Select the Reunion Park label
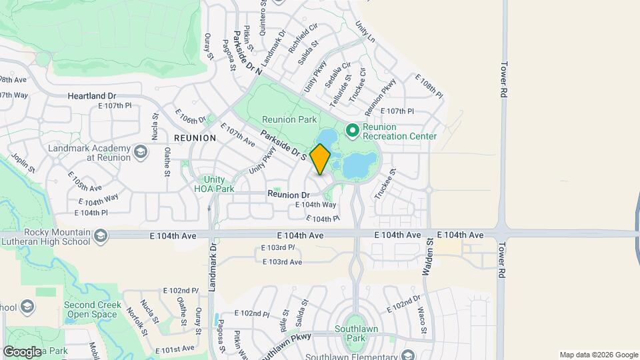pyautogui.click(x=289, y=119)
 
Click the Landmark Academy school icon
pyautogui.click(x=141, y=152)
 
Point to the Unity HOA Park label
pyautogui.click(x=219, y=184)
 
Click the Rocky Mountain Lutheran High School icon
pyautogui.click(x=101, y=235)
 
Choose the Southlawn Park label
pyautogui.click(x=354, y=333)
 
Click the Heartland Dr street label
pyautogui.click(x=92, y=96)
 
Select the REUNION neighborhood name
pyautogui.click(x=195, y=138)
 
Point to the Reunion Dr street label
pyautogui.click(x=291, y=194)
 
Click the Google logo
pyautogui.click(x=22, y=351)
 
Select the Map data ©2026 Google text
pyautogui.click(x=598, y=355)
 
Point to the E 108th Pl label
pyautogui.click(x=429, y=86)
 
